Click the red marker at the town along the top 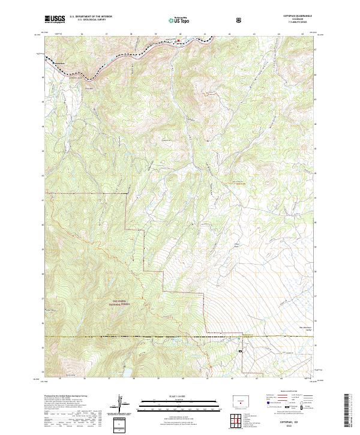tap(178, 41)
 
